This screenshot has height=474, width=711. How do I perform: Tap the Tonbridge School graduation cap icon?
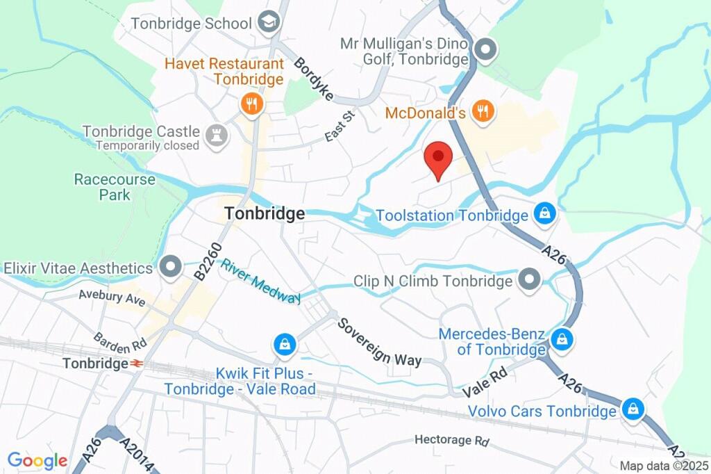(x=266, y=23)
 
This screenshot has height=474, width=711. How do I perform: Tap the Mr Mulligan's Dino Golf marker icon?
(x=486, y=49)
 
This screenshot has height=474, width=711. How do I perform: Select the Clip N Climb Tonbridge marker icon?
(x=530, y=281)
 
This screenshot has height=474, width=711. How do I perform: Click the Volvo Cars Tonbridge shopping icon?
(x=633, y=409)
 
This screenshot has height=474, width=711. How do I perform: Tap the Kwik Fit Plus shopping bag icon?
(x=283, y=343)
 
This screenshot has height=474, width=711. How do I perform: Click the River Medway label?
(x=261, y=281)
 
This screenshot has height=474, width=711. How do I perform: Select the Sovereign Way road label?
(x=380, y=341)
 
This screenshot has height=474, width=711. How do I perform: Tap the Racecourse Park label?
(x=115, y=187)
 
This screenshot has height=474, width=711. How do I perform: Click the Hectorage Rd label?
(x=452, y=440)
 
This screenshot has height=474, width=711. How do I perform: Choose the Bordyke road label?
(x=314, y=79)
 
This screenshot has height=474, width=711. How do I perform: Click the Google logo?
(x=37, y=460)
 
